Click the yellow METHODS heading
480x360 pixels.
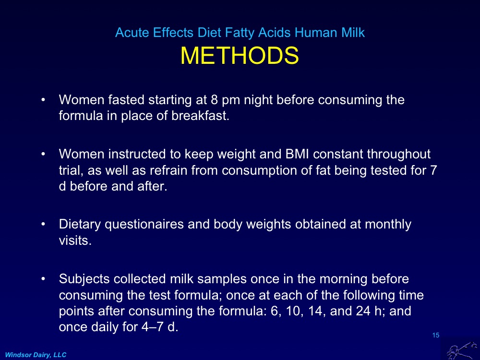[x=240, y=56]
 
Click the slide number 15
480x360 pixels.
[x=435, y=335]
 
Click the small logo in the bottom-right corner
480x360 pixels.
[x=459, y=348]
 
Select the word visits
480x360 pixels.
[x=74, y=240]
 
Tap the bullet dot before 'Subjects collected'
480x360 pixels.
[x=44, y=278]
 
